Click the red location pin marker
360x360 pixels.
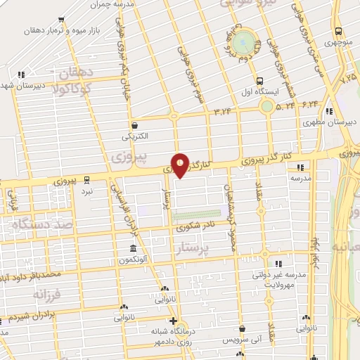pos(181,165)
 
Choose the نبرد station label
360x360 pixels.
pos(87,191)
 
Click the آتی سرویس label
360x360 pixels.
pos(242,339)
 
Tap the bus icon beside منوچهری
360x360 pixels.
pos(339,31)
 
